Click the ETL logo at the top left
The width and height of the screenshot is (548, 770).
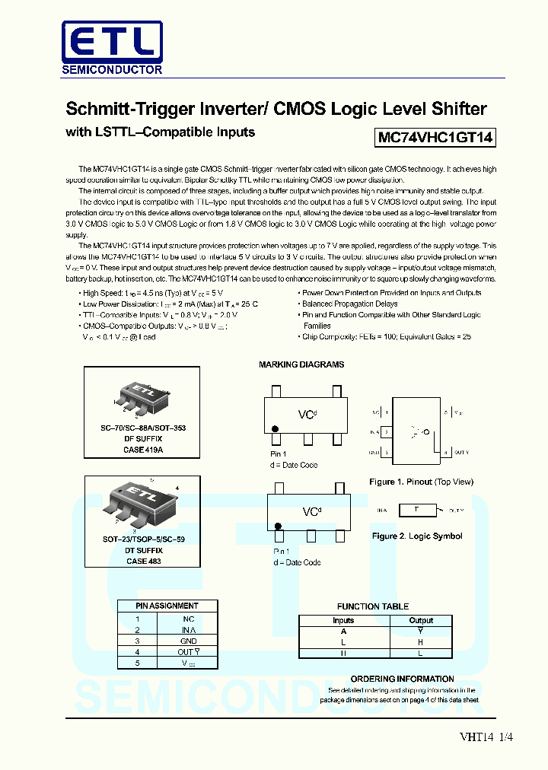112,46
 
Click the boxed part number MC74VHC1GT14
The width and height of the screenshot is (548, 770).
435,138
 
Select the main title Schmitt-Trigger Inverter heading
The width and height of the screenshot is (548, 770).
276,108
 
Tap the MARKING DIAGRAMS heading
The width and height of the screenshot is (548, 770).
301,364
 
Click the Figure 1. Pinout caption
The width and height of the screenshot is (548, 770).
421,482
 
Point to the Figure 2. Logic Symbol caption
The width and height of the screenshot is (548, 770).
417,536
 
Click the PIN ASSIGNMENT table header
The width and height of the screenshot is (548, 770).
167,606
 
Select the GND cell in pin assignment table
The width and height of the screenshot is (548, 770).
188,641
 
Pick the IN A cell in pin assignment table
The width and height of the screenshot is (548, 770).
188,630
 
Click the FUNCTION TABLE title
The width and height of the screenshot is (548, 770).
373,606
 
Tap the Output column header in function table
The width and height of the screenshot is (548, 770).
421,620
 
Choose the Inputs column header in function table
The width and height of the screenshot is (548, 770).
343,620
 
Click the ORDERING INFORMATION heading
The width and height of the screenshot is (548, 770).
402,679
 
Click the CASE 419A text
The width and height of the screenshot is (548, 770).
145,450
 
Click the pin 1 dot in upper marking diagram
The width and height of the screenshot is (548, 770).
276,439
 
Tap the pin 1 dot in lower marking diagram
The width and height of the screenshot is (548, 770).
279,526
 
